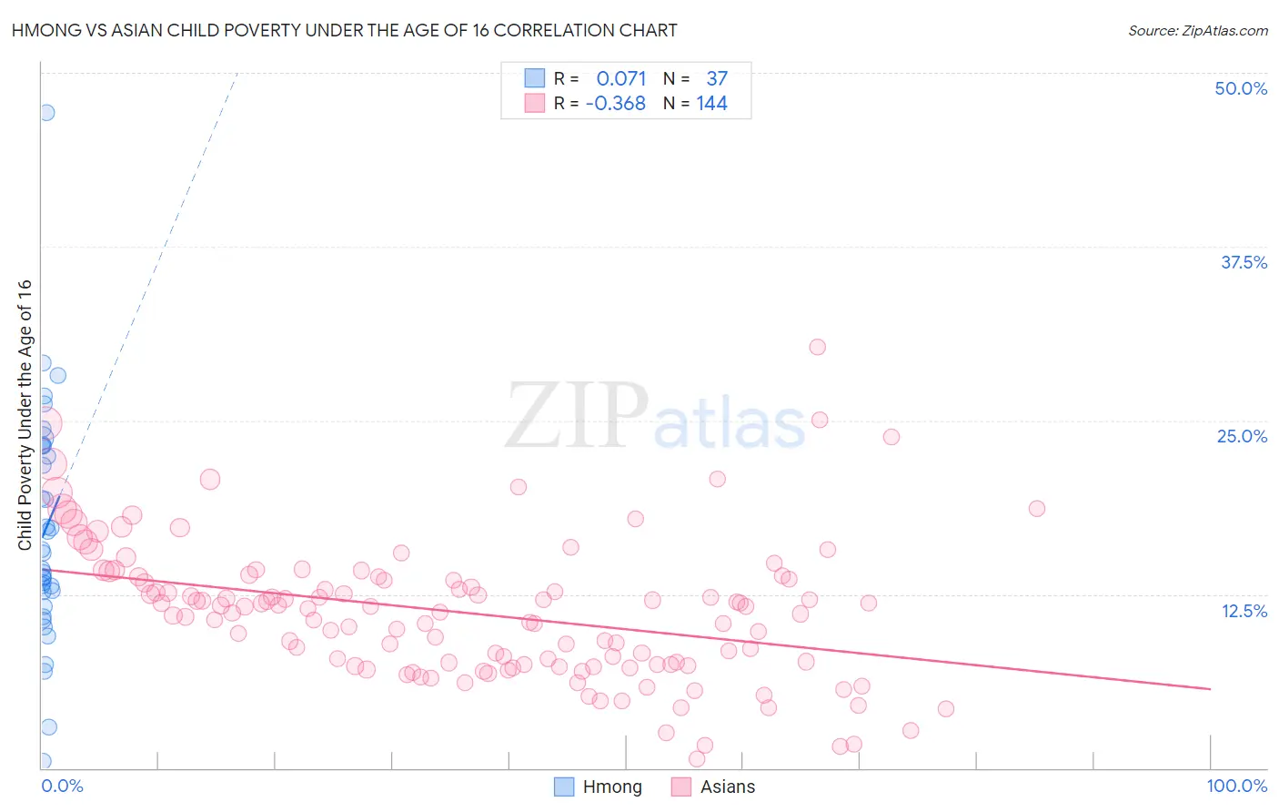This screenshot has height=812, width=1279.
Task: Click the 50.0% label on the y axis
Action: click(x=1241, y=88)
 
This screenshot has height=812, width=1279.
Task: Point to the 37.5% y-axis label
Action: click(x=1244, y=262)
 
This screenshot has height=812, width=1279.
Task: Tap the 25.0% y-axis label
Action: click(x=1242, y=436)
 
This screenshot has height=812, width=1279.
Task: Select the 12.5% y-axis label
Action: click(x=1244, y=611)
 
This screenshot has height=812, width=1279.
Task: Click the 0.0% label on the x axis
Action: click(x=62, y=786)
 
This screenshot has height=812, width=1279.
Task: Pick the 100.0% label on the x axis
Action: click(x=1236, y=786)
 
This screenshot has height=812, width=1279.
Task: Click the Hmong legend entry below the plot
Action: click(x=611, y=787)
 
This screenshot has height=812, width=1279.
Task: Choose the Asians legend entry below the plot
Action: click(x=727, y=787)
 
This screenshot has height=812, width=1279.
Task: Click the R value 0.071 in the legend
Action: click(x=621, y=78)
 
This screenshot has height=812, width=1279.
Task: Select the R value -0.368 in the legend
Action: click(x=616, y=103)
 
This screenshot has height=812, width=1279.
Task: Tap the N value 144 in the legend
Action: click(x=711, y=103)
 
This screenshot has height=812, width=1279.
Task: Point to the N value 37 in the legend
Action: click(x=717, y=78)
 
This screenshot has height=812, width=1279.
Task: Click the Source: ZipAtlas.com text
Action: click(x=1197, y=30)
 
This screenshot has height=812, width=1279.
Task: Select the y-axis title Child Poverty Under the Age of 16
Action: click(x=25, y=414)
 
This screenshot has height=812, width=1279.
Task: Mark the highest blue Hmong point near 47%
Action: click(x=46, y=113)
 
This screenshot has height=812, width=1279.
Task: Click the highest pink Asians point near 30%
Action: click(x=817, y=347)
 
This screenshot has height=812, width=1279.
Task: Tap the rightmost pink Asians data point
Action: click(x=1036, y=509)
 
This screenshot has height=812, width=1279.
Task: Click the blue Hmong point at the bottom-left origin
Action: click(x=42, y=761)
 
